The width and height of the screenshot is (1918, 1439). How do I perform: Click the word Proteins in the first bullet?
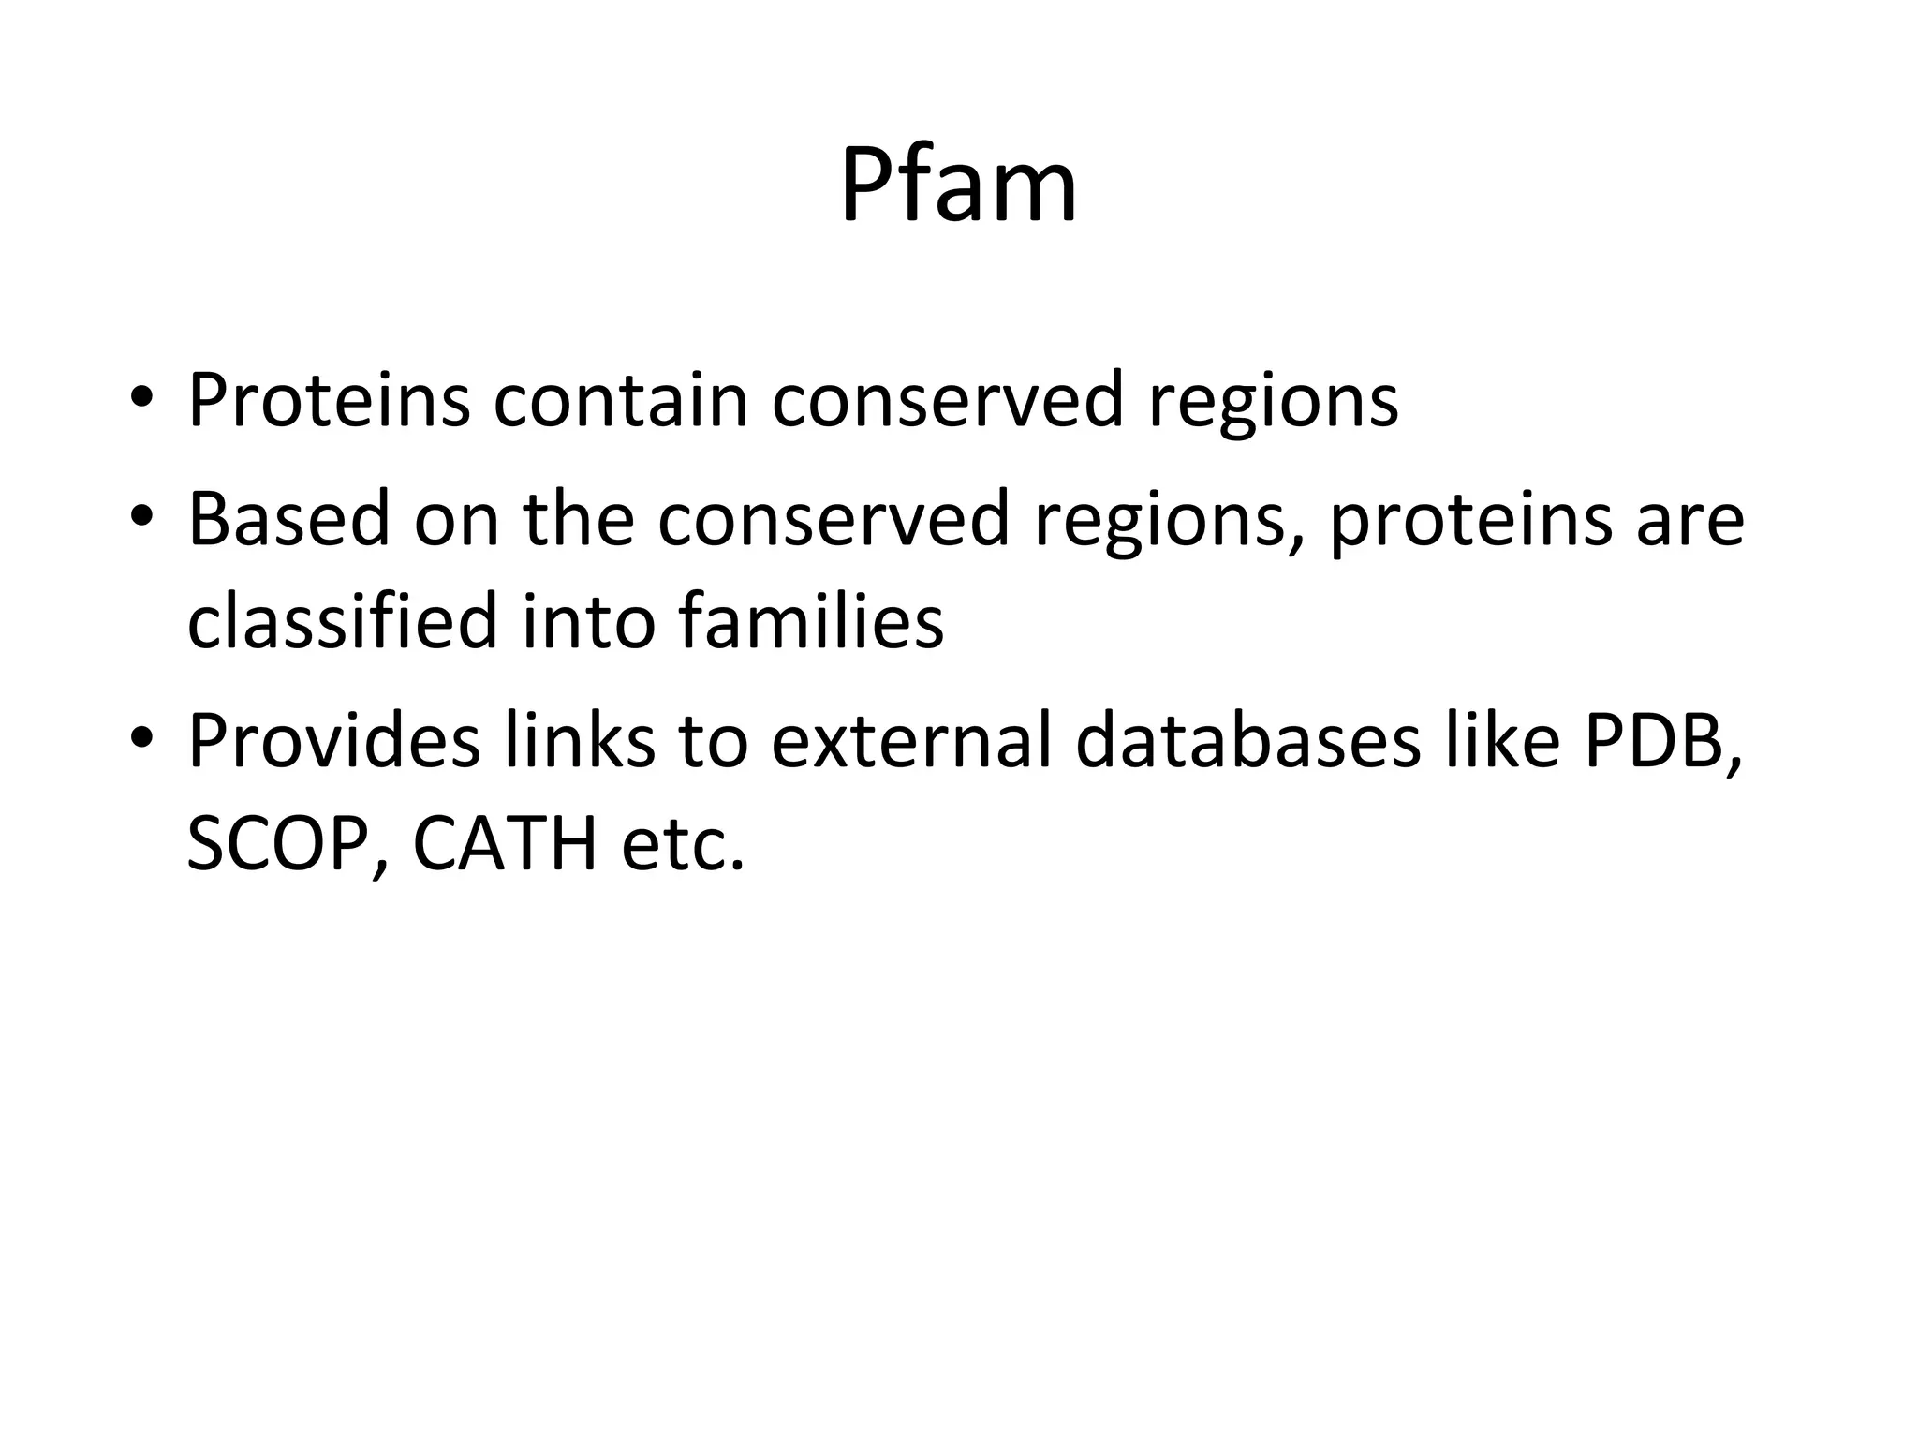click(x=329, y=400)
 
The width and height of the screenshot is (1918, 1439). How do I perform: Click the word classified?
click(x=342, y=623)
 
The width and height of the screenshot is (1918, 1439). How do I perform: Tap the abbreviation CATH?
click(x=505, y=845)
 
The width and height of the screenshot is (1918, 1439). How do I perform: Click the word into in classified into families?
click(x=587, y=623)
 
